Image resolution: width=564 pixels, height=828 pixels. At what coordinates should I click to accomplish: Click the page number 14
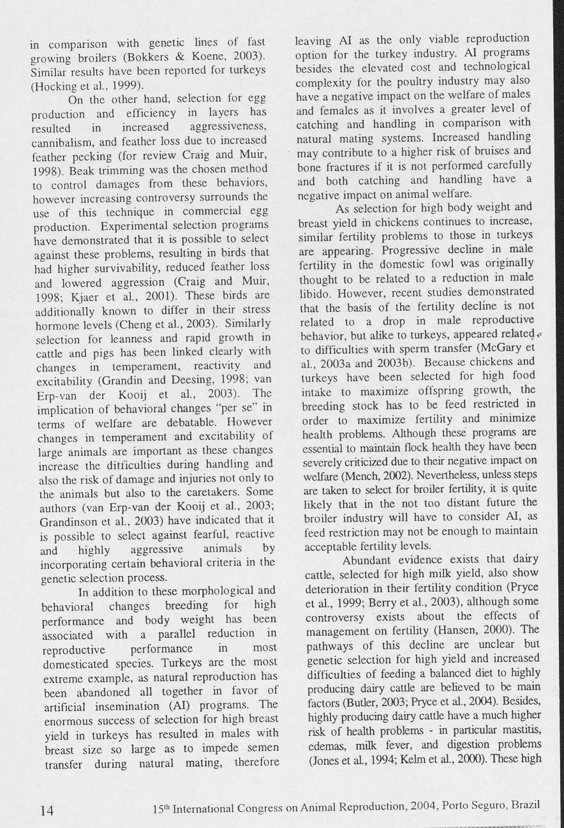tap(47, 811)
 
